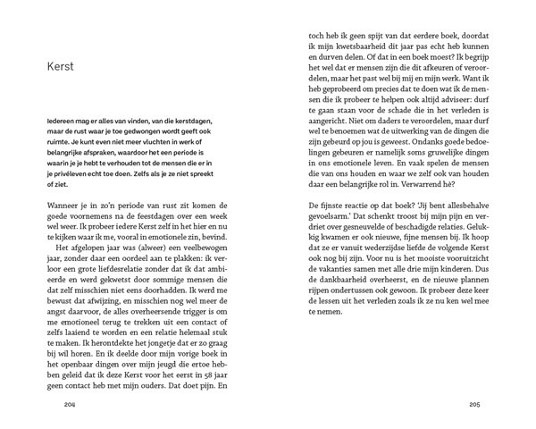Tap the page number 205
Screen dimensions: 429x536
click(475, 406)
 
